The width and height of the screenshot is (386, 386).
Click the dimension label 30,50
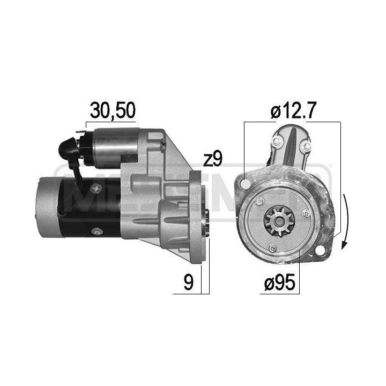click(x=113, y=110)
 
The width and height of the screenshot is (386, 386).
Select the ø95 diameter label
click(x=278, y=283)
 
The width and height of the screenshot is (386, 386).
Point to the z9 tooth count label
click(x=212, y=159)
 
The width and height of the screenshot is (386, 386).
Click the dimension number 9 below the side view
click(x=188, y=283)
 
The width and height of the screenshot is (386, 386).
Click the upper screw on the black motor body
click(x=97, y=187)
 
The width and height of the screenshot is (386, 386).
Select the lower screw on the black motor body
click(x=97, y=232)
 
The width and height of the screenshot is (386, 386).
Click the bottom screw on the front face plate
click(x=273, y=249)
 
